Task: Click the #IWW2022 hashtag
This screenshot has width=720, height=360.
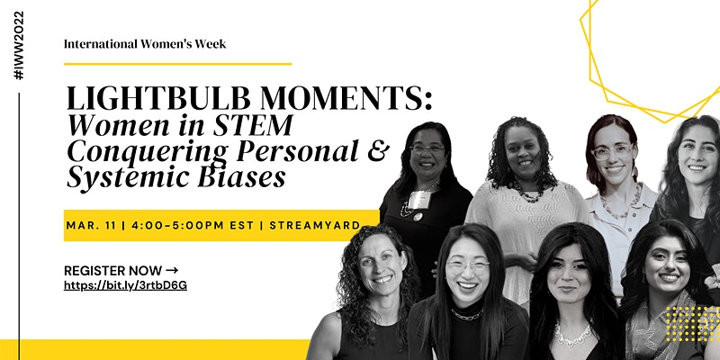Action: click(x=18, y=45)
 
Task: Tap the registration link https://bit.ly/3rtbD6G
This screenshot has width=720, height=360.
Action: click(x=125, y=285)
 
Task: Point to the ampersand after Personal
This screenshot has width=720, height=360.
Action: click(x=378, y=150)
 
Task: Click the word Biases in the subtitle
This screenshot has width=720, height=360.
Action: click(x=241, y=176)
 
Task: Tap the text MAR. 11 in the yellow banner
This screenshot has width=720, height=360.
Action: click(x=93, y=226)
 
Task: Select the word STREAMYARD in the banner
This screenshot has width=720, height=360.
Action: click(x=314, y=226)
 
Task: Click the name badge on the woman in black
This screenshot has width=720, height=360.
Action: click(x=419, y=200)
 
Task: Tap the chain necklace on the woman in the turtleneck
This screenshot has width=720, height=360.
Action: click(x=467, y=315)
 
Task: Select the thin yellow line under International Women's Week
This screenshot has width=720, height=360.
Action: click(x=177, y=64)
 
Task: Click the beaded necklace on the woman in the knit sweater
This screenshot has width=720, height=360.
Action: click(x=526, y=193)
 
